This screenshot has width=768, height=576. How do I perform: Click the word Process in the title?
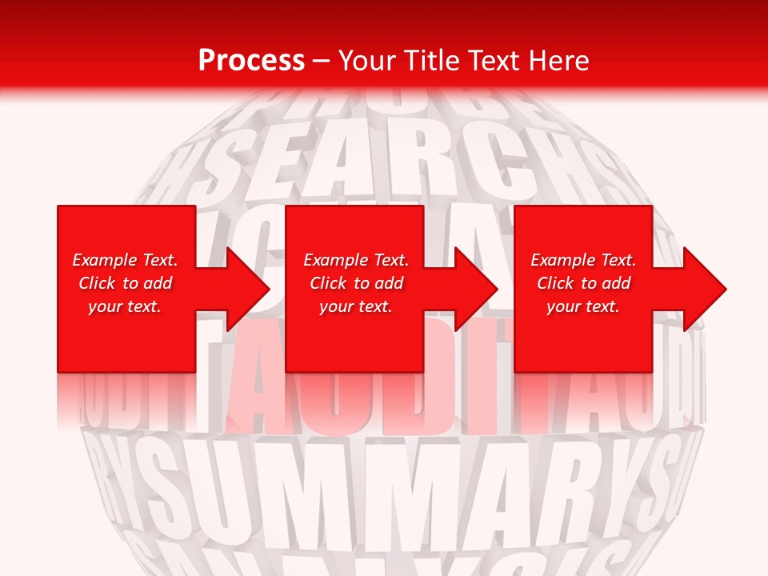pyautogui.click(x=251, y=61)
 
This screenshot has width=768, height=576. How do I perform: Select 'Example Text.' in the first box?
pyautogui.click(x=125, y=260)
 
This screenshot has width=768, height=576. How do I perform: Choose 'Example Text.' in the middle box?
pyautogui.click(x=356, y=260)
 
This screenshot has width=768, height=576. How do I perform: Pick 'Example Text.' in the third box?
pyautogui.click(x=583, y=260)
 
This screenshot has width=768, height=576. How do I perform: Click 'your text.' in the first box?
pyautogui.click(x=125, y=306)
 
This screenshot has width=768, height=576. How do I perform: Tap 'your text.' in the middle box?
pyautogui.click(x=356, y=306)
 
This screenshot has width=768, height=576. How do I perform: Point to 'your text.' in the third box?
pyautogui.click(x=583, y=306)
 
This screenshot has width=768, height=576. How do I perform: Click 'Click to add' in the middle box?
pyautogui.click(x=356, y=283)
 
